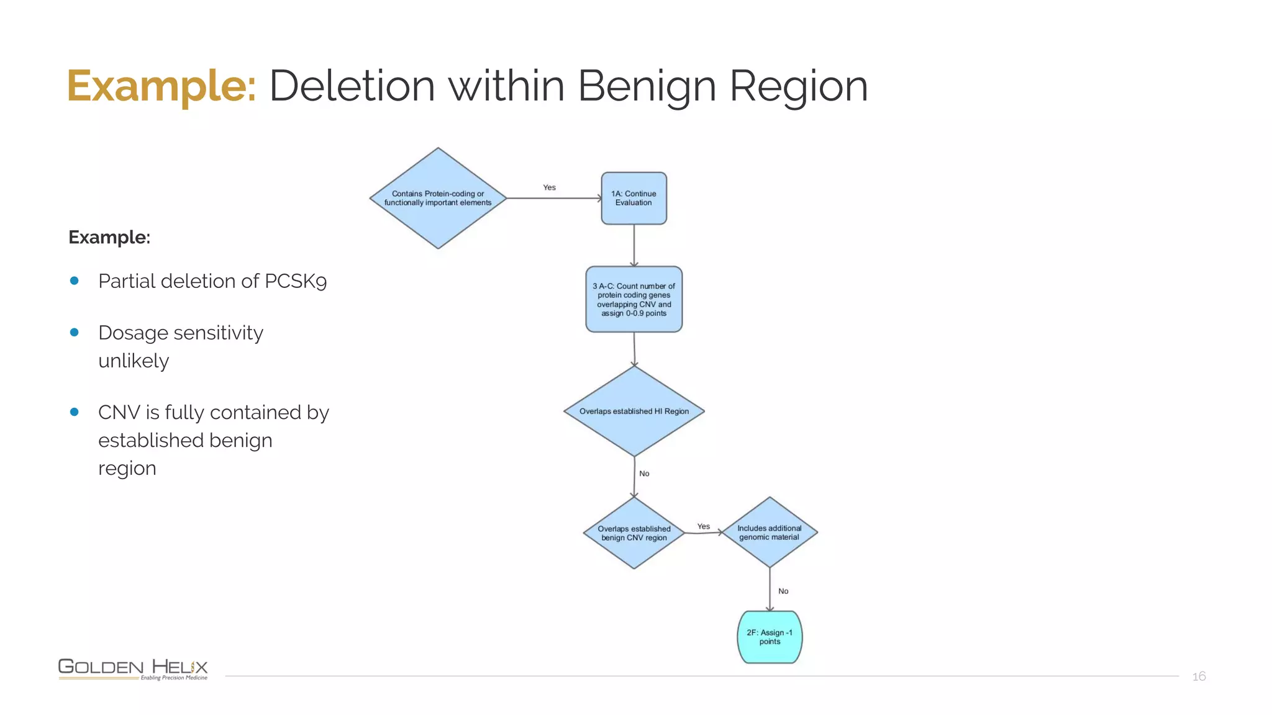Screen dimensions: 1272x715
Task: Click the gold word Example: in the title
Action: click(x=161, y=86)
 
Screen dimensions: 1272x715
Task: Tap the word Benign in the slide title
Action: click(x=647, y=86)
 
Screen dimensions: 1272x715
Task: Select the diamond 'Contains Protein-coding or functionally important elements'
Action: click(x=438, y=198)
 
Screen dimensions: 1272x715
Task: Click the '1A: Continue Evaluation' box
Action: click(x=634, y=198)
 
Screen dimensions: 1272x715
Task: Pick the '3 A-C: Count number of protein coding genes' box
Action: click(x=634, y=299)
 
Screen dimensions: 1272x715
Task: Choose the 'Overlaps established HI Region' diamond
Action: click(x=634, y=411)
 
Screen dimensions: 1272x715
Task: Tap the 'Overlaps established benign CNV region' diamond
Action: click(x=634, y=533)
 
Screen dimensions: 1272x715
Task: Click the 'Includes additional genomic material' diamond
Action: click(x=770, y=532)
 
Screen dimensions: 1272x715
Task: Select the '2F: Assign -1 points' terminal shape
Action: click(x=770, y=637)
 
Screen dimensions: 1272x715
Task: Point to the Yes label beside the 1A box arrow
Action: click(x=550, y=187)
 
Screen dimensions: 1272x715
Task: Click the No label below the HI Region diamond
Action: click(x=645, y=474)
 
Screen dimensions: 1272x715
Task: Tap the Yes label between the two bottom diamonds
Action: click(x=704, y=526)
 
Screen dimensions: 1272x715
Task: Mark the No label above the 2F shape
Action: click(x=784, y=591)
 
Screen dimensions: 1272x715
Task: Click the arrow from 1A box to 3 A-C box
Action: click(x=634, y=246)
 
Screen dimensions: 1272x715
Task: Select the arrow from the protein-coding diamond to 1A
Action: click(x=555, y=198)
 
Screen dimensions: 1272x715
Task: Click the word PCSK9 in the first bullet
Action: click(x=296, y=281)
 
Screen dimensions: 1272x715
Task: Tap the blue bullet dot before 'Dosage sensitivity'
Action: click(x=75, y=333)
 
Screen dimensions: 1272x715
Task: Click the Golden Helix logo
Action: click(x=133, y=669)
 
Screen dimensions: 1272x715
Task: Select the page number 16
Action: click(x=1199, y=677)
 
